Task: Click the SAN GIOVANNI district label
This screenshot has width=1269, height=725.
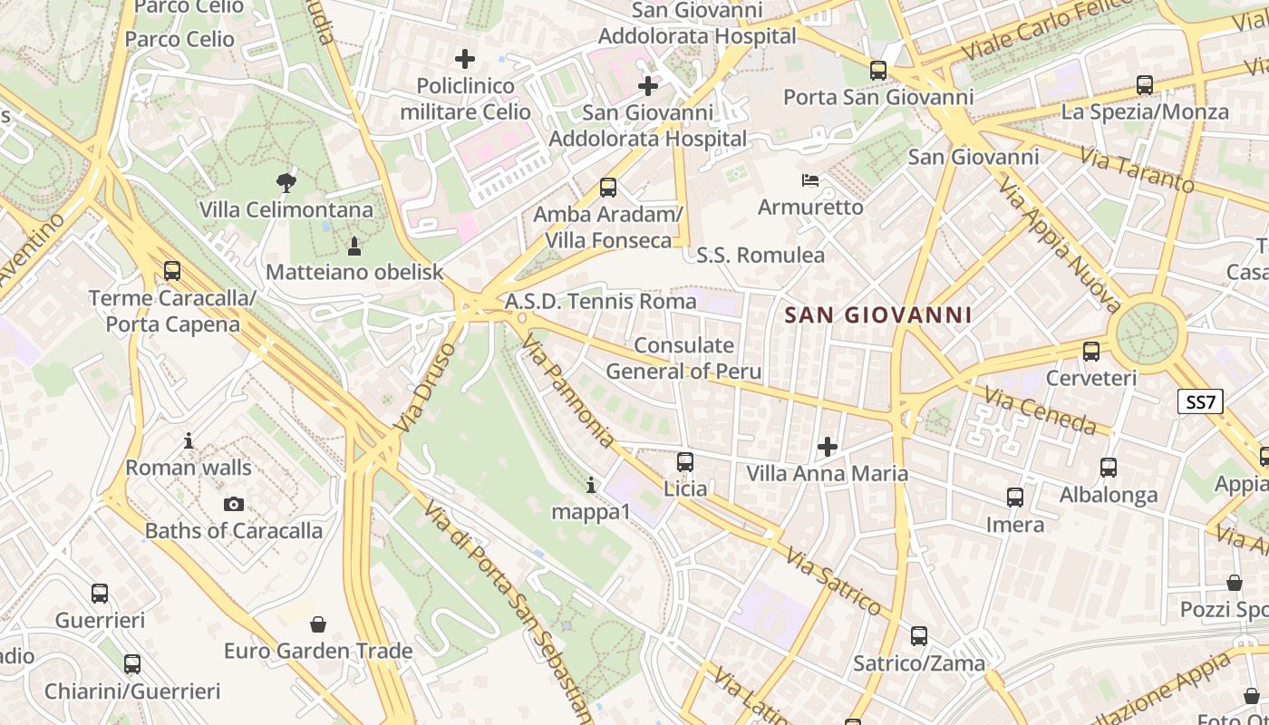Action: click(x=877, y=315)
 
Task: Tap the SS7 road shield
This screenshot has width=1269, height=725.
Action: click(x=1200, y=401)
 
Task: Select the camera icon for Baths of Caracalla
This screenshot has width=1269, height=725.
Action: click(x=234, y=504)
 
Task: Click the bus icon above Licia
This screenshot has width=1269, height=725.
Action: click(x=685, y=462)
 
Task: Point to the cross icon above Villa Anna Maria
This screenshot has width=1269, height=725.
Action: click(x=827, y=446)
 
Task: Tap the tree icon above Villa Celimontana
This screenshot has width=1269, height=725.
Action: click(x=286, y=182)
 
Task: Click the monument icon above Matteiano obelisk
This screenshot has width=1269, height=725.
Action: click(x=354, y=245)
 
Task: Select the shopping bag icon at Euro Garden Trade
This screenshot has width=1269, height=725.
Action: click(x=318, y=623)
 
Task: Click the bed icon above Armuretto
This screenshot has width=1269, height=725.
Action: click(x=810, y=180)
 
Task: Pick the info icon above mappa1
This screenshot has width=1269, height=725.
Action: click(x=591, y=486)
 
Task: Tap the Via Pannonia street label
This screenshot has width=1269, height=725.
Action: click(x=568, y=390)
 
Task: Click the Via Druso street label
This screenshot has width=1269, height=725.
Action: click(x=425, y=387)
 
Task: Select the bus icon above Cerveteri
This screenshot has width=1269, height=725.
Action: click(x=1091, y=351)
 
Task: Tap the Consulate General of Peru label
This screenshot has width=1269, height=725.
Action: click(x=683, y=358)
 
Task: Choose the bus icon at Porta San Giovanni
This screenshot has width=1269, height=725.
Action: click(x=877, y=70)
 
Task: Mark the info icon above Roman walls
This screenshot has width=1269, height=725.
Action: click(x=189, y=440)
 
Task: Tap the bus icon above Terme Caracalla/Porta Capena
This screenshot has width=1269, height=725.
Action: click(x=172, y=270)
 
